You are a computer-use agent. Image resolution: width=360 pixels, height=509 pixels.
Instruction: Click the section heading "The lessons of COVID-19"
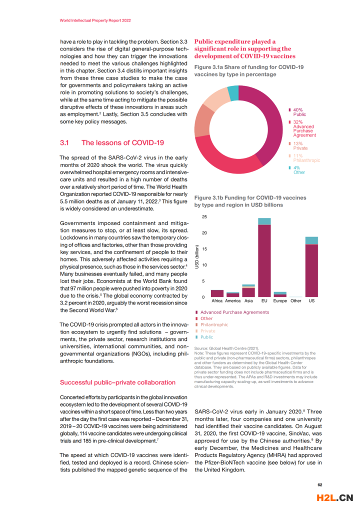(x=122, y=142)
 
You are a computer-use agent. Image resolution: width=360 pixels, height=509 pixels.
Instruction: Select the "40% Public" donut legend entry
(x=298, y=112)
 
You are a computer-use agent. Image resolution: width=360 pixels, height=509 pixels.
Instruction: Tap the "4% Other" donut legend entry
(x=298, y=170)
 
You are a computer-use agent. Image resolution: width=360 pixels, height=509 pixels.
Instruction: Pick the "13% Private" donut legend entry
(x=300, y=146)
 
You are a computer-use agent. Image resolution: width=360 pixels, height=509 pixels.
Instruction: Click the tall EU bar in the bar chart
(x=264, y=260)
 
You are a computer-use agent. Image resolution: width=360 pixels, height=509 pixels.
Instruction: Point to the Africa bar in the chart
(x=217, y=293)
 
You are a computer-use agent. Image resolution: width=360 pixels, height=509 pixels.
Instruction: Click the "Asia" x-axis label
(x=248, y=301)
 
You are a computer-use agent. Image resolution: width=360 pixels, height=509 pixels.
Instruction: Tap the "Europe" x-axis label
(x=280, y=301)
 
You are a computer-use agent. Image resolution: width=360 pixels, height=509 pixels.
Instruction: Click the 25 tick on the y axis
(x=204, y=217)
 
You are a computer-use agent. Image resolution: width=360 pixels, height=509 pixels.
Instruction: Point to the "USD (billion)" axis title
(x=197, y=257)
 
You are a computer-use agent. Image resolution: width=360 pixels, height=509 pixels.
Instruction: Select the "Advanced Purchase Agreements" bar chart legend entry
(x=234, y=312)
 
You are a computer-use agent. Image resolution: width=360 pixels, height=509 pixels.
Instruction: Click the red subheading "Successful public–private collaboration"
(x=117, y=382)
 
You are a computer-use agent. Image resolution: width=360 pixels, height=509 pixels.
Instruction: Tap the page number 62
(x=320, y=484)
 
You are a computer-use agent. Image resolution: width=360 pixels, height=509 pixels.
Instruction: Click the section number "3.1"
(x=64, y=142)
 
